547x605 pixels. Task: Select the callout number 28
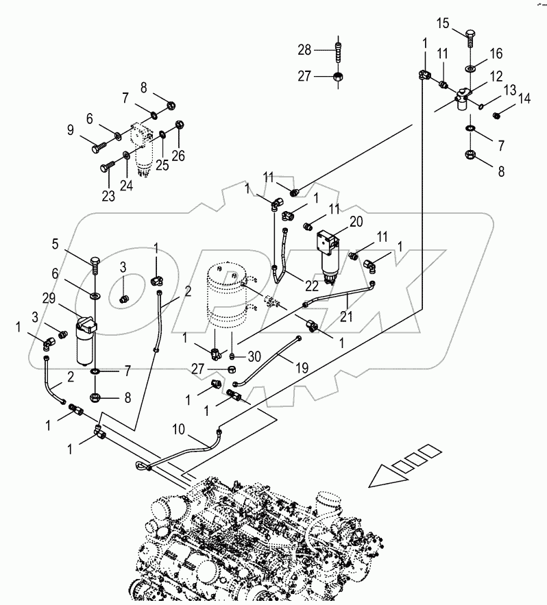[x=304, y=49]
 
